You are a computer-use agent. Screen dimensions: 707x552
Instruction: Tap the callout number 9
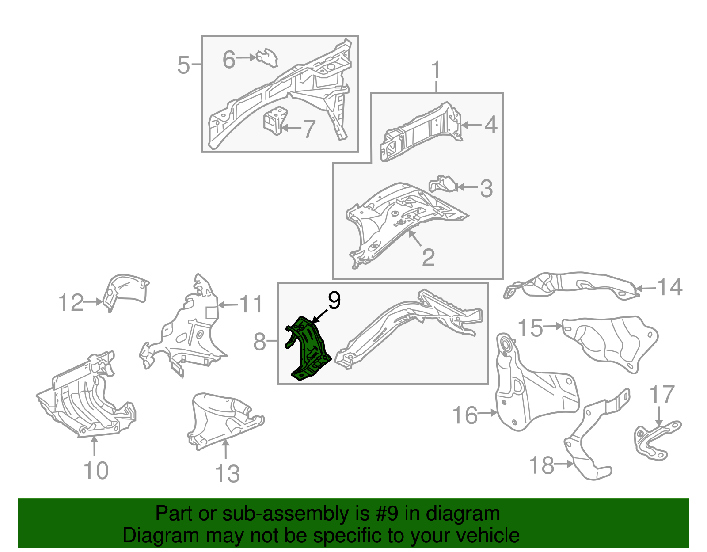334,300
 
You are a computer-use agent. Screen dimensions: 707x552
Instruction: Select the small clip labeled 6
267,58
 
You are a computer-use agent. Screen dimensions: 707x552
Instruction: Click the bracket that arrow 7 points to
275,120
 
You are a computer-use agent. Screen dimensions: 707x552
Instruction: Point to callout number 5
183,65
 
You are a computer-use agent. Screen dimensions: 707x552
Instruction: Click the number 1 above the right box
436,69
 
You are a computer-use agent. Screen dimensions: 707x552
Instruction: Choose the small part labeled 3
443,184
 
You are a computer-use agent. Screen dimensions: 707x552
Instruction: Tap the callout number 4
491,125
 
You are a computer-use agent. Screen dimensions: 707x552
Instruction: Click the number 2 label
428,257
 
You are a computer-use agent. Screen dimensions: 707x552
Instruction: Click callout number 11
251,304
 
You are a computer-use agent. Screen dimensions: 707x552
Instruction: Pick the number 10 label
96,470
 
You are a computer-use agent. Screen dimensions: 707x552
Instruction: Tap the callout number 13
227,474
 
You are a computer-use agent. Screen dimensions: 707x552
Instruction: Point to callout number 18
542,465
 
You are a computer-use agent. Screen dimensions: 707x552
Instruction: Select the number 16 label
465,415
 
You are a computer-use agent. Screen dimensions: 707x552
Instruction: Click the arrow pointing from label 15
553,326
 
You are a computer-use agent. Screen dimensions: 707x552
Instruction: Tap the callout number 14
669,287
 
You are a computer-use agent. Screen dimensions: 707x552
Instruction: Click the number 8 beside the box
259,342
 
